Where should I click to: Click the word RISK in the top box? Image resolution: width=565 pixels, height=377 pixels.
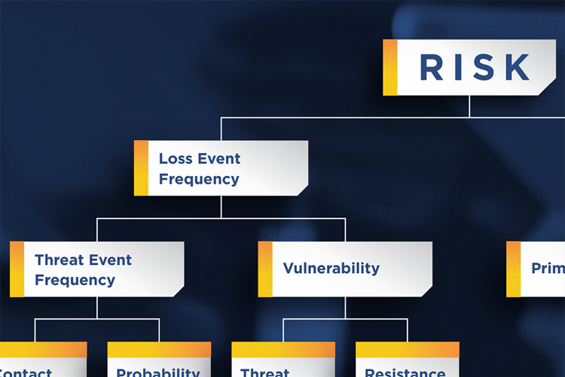[475, 68]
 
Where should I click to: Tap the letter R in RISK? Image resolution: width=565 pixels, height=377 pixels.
[432, 68]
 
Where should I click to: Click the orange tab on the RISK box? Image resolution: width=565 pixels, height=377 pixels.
[389, 68]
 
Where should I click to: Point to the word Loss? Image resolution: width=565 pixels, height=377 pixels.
[175, 159]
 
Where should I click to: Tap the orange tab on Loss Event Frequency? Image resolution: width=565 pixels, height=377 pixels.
[141, 169]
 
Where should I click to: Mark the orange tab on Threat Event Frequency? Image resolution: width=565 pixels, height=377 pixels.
[17, 269]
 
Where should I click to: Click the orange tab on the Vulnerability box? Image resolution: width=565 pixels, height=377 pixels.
[265, 269]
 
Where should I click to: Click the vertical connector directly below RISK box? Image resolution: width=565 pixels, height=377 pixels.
[469, 106]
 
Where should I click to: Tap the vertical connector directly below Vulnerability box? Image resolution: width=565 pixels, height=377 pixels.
[345, 307]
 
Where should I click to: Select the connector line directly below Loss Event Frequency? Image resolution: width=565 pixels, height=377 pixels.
[221, 207]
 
